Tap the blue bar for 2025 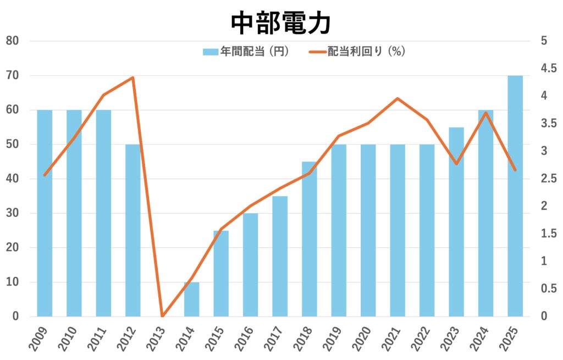point(515,196)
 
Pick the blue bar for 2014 point(191,299)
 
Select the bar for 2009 point(45,213)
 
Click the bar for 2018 point(309,239)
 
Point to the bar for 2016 point(250,265)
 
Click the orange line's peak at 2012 point(133,77)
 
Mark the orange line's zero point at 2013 point(162,316)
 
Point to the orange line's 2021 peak point(398,99)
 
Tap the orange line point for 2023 point(456,164)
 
